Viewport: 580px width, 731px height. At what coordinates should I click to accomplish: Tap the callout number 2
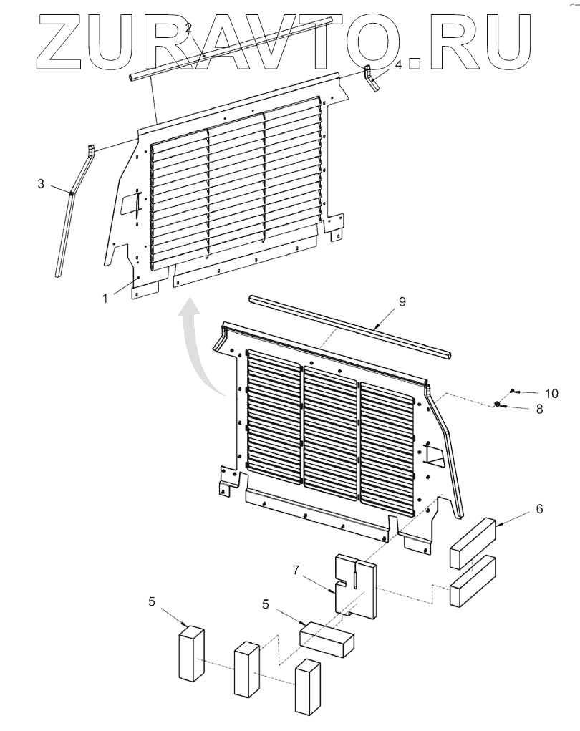tap(188, 28)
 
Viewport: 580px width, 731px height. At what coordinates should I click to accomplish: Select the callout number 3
tap(41, 184)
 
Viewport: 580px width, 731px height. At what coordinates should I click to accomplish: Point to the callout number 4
tap(398, 64)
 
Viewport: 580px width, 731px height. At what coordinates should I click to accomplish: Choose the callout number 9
tap(402, 301)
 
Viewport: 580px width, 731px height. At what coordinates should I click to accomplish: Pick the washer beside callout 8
tap(497, 405)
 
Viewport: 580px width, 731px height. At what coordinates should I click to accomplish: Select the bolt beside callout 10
tap(513, 391)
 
